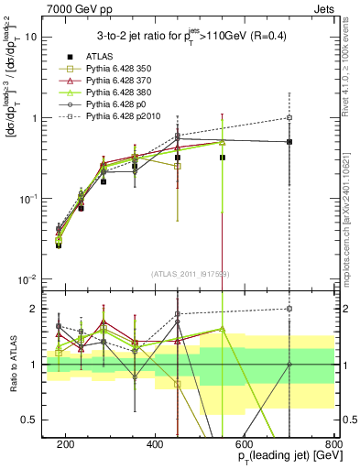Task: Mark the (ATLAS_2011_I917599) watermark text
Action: (191, 273)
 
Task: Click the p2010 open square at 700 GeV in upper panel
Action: (289, 117)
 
